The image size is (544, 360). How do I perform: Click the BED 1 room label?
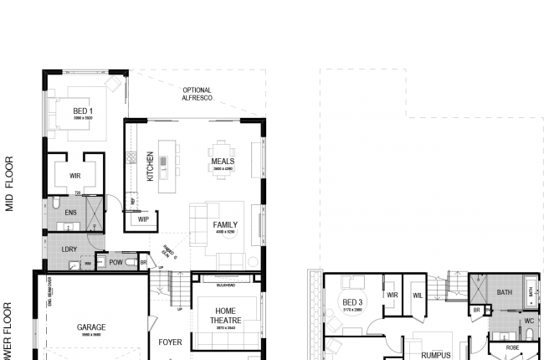pyautogui.click(x=83, y=111)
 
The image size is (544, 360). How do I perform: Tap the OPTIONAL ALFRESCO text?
pyautogui.click(x=198, y=94)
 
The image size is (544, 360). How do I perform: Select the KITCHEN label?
pyautogui.click(x=151, y=167)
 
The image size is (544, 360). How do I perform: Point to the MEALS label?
pyautogui.click(x=223, y=162)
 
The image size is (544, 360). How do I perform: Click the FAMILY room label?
pyautogui.click(x=225, y=224)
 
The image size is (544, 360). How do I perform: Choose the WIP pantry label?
pyautogui.click(x=143, y=219)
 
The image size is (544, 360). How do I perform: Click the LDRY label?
pyautogui.click(x=70, y=249)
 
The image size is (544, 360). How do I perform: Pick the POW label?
pyautogui.click(x=115, y=262)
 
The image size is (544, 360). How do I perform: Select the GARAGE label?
pyautogui.click(x=91, y=327)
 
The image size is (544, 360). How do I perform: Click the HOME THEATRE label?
pyautogui.click(x=223, y=315)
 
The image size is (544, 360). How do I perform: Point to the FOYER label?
pyautogui.click(x=171, y=342)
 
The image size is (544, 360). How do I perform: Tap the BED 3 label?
pyautogui.click(x=353, y=302)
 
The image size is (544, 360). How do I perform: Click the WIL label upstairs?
pyautogui.click(x=418, y=295)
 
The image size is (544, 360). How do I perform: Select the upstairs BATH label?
pyautogui.click(x=504, y=292)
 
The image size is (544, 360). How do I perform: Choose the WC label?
pyautogui.click(x=528, y=321)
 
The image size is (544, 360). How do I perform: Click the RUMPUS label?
pyautogui.click(x=436, y=355)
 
